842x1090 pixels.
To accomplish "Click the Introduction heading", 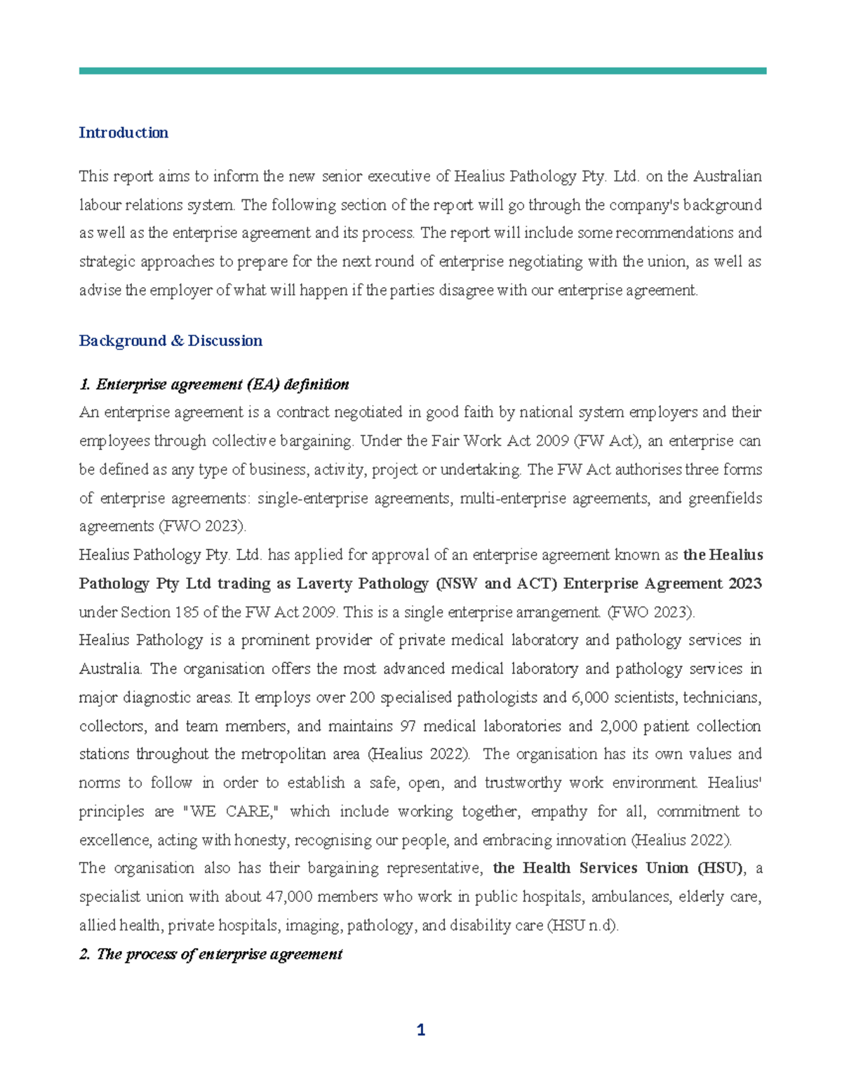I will (123, 133).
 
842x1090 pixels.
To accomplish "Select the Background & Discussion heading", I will (171, 340).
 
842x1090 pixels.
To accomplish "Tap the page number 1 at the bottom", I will (421, 1030).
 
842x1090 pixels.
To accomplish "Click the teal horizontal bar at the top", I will (422, 71).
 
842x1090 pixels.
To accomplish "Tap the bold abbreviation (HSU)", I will (720, 868).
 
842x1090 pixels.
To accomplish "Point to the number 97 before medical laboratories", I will (408, 726).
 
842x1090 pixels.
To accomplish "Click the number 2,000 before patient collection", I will (618, 726).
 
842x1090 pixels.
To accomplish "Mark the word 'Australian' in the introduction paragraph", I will (728, 176).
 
